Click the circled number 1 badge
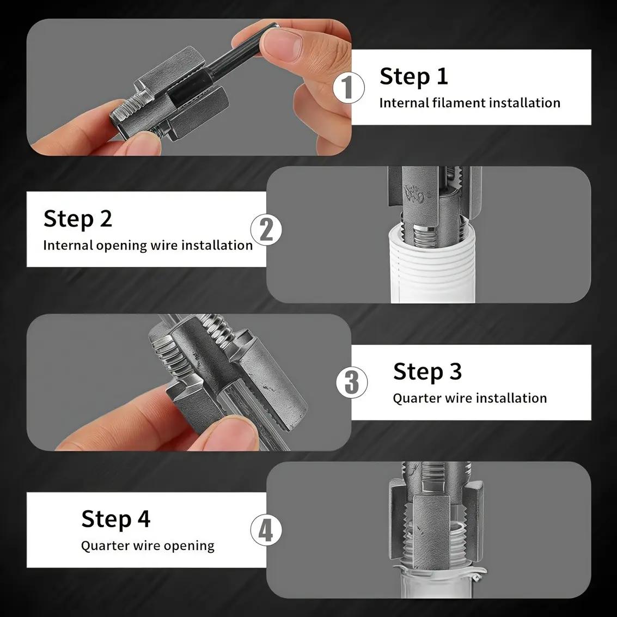coord(349,87)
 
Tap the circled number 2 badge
coord(266,230)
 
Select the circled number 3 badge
coord(352,382)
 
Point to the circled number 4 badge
coord(266,530)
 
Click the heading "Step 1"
coord(413,76)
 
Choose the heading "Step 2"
coord(78,219)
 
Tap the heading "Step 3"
coord(427,371)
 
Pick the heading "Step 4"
coord(115,519)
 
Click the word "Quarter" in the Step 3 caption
coord(416,398)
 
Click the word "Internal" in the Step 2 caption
coord(68,245)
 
